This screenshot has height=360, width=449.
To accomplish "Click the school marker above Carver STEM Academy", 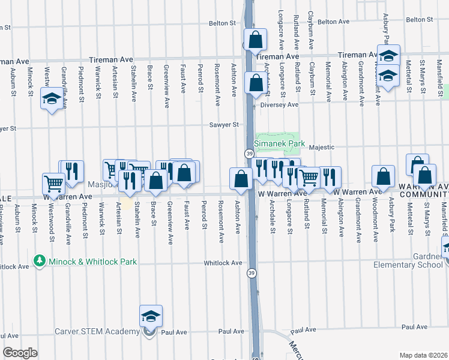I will click(151, 316).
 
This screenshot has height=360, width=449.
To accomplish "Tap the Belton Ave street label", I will click(333, 22).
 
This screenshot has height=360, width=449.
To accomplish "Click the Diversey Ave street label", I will click(279, 104).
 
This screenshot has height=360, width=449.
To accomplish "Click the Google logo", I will click(20, 353).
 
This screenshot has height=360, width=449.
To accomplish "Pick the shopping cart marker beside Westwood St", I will click(53, 184).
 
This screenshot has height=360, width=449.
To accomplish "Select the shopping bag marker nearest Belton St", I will click(255, 40).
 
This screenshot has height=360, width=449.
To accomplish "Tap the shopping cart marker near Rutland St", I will click(309, 177).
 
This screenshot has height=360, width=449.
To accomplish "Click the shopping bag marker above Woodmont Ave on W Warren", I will click(383, 176).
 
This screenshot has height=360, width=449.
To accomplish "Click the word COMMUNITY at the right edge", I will click(427, 194).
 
